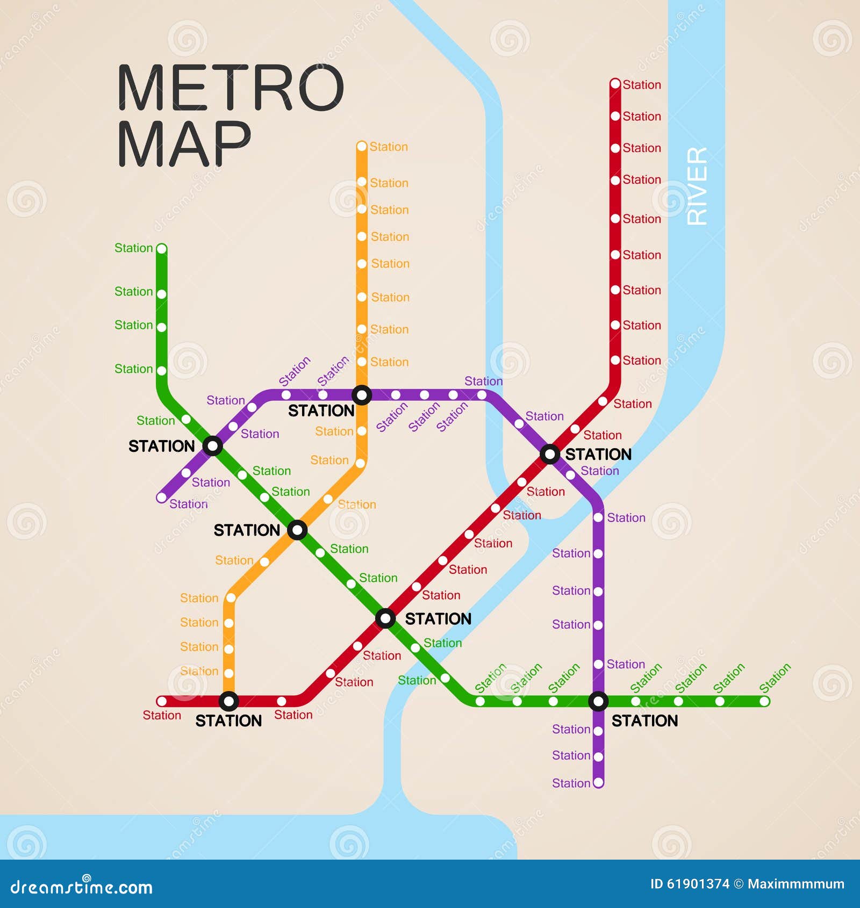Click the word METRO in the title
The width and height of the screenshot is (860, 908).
point(230,88)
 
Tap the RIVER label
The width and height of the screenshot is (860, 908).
point(697,186)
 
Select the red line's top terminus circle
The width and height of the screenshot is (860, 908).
point(615,84)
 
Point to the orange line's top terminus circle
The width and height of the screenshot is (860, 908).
point(362,146)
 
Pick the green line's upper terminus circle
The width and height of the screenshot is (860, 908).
point(161,249)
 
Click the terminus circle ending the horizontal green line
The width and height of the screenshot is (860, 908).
point(764,701)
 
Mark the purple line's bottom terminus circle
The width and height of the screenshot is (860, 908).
point(598,782)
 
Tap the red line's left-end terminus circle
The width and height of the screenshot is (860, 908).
point(161,701)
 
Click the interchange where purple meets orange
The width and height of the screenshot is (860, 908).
point(362,395)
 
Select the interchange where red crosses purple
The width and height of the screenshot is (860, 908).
point(550,454)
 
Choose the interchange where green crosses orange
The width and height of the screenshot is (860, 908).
point(297,530)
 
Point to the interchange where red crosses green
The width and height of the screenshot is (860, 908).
point(385,618)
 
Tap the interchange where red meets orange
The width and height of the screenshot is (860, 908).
point(229,701)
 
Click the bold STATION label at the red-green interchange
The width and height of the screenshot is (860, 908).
point(438,619)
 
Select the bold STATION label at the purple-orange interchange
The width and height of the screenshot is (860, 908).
point(321,411)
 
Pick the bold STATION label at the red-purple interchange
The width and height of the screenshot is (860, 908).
point(598,455)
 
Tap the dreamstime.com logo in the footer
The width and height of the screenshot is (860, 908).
point(82,887)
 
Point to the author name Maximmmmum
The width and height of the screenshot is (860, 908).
point(795,884)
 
